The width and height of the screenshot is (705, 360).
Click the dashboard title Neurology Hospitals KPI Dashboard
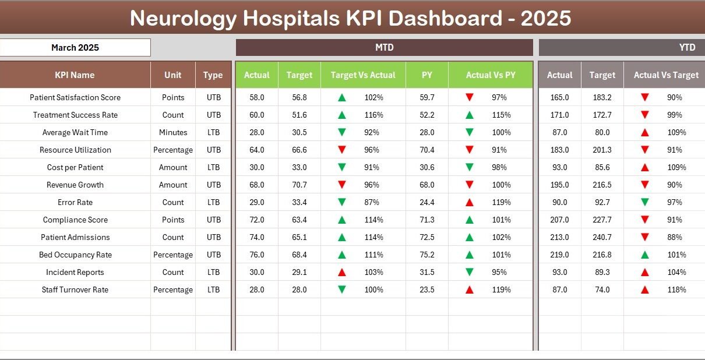[x=350, y=19]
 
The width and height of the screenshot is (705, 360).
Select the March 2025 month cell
[x=75, y=48]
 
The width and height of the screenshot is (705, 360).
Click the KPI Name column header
[x=75, y=75]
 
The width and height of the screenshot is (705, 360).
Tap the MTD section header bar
[x=384, y=48]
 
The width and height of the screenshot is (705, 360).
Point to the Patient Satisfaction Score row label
[x=75, y=97]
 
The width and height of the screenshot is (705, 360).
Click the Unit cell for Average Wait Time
[x=173, y=132]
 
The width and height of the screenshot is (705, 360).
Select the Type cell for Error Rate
[x=213, y=202]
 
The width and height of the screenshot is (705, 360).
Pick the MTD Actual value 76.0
[x=256, y=255]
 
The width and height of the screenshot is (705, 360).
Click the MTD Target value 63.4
[x=299, y=220]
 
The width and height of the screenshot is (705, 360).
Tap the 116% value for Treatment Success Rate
[x=373, y=115]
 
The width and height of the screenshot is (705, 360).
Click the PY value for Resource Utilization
[x=427, y=150]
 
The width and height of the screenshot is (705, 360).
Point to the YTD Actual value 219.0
[x=559, y=255]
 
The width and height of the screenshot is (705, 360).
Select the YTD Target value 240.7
[x=602, y=237]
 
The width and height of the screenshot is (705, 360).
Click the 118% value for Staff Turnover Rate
[x=676, y=290]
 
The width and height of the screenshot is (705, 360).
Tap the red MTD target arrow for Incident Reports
[x=342, y=272]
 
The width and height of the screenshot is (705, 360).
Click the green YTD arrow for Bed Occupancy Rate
[x=644, y=255]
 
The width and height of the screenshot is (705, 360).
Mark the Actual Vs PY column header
[x=490, y=75]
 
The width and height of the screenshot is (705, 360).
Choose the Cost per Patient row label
[x=75, y=167]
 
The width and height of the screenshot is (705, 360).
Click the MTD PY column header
[x=427, y=75]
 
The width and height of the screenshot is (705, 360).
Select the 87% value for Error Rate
[x=373, y=202]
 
